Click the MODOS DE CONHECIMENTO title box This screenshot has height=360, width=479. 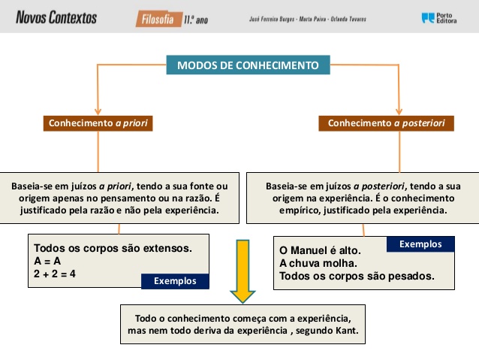tap(248, 65)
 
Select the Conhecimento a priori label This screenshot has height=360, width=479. tap(98, 123)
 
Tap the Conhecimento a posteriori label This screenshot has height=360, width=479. tap(386, 123)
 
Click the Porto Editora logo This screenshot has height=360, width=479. tap(438, 17)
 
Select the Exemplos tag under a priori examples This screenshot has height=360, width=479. tap(175, 281)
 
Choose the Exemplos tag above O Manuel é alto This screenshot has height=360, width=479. tap(420, 244)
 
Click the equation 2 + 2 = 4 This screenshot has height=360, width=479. tap(56, 274)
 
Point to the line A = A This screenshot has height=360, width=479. tap(47, 261)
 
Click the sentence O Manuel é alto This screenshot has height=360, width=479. tap(320, 250)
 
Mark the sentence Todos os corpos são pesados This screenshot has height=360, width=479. tap(357, 276)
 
